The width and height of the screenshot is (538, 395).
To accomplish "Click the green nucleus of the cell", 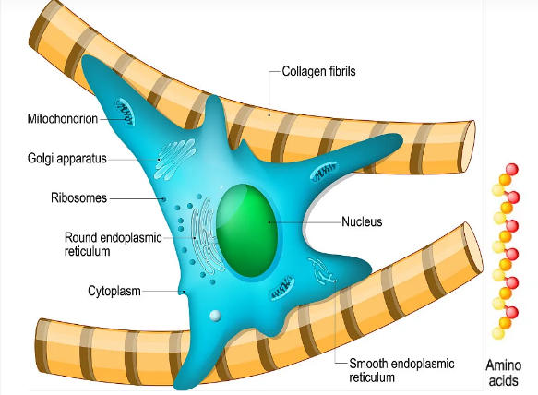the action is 246,231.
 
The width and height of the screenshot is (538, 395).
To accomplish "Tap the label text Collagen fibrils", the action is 318,71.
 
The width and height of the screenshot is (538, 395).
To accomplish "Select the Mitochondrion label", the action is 63,119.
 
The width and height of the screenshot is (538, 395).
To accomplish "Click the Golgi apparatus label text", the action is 67,158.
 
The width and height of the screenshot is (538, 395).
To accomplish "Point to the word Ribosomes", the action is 79,198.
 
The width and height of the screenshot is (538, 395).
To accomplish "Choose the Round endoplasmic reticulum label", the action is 114,244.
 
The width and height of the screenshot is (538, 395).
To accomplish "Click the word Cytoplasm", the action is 114,291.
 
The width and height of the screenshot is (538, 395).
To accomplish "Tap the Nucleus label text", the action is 362,221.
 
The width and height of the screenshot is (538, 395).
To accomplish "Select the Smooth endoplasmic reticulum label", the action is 401,370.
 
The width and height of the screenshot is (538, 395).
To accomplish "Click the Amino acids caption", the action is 503,373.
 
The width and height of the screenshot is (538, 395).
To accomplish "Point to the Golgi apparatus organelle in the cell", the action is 175,159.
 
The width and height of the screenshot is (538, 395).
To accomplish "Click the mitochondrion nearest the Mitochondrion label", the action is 125,112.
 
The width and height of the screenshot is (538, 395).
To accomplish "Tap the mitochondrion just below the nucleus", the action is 282,287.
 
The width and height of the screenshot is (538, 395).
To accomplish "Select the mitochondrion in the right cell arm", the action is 324,172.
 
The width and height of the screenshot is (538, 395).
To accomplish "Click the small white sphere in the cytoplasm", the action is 215,316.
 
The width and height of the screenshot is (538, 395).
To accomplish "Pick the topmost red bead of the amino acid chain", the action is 512,170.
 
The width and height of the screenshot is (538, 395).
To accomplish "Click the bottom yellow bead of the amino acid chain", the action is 497,333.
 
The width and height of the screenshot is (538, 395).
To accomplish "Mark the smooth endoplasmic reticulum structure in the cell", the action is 322,270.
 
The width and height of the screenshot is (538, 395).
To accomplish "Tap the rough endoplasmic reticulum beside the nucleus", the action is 205,237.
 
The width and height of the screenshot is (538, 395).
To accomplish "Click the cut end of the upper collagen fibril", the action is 469,147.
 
